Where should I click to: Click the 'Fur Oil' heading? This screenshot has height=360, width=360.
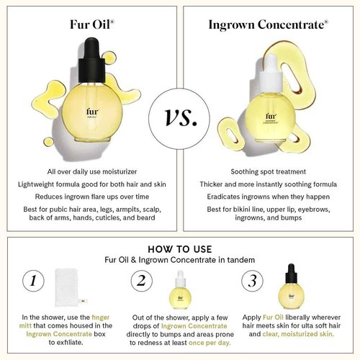coord(92,24)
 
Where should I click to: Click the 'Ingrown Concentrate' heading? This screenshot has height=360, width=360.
coord(268,25)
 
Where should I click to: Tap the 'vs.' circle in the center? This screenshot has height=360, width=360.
coord(179,119)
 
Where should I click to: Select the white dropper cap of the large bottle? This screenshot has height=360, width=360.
coord(271,73)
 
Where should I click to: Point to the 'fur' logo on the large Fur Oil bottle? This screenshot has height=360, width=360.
coord(92,112)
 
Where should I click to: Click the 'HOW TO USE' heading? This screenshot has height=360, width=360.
coord(180,249)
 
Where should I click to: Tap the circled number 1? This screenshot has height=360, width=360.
coord(33,281)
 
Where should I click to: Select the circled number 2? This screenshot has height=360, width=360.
coord(142,281)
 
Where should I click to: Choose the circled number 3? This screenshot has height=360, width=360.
coord(252,281)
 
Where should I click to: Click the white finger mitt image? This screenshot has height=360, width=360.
coord(68,287)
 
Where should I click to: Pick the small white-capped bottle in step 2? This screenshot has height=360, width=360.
coord(180,290)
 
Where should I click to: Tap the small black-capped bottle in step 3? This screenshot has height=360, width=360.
coord(291,287)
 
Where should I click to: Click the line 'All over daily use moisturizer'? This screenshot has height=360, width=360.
coord(92,172)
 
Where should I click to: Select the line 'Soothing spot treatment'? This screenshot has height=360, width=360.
coord(269,172)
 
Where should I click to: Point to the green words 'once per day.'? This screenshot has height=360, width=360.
coord(210,343)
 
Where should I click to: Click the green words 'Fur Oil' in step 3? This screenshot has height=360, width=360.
coord(273,318)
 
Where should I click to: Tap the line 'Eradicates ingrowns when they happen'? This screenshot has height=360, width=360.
coord(269,197)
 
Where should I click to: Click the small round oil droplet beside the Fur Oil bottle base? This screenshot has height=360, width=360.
coord(49,142)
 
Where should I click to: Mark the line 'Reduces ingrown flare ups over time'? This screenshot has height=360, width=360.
coord(92,197)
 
